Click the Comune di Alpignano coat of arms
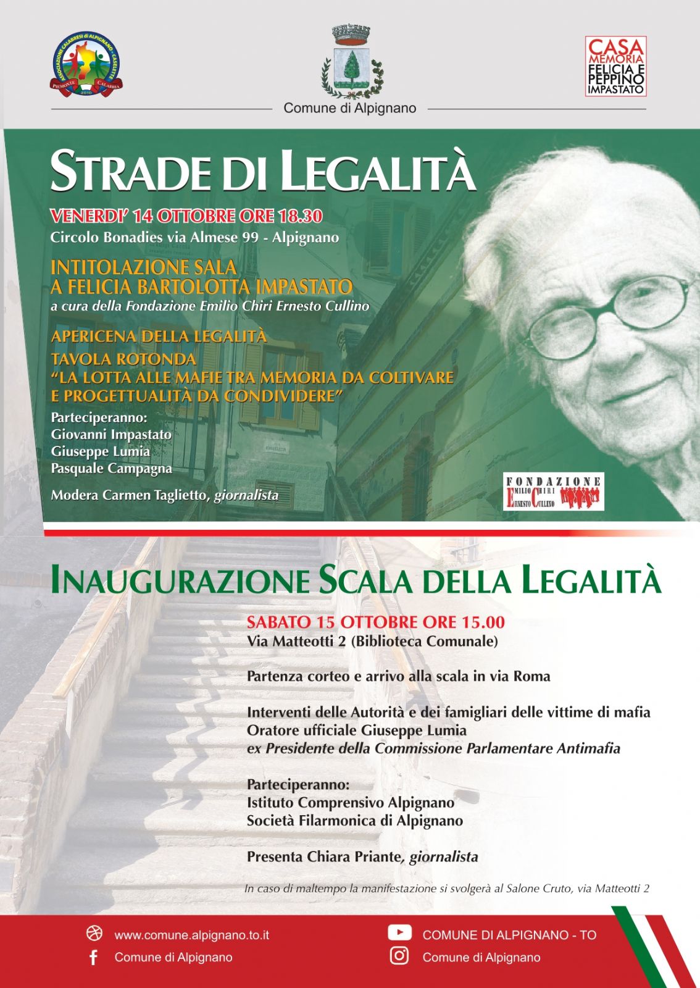(349, 62)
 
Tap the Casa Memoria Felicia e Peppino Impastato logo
(615, 66)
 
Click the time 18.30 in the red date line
(301, 216)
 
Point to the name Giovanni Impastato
(111, 435)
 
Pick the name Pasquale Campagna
(111, 469)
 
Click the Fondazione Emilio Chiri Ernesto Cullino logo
(553, 492)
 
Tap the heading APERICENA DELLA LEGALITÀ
(159, 337)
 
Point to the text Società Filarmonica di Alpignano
(355, 821)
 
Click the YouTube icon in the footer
(399, 932)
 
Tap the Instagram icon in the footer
(399, 956)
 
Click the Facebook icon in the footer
(94, 957)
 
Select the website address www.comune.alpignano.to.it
(191, 936)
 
